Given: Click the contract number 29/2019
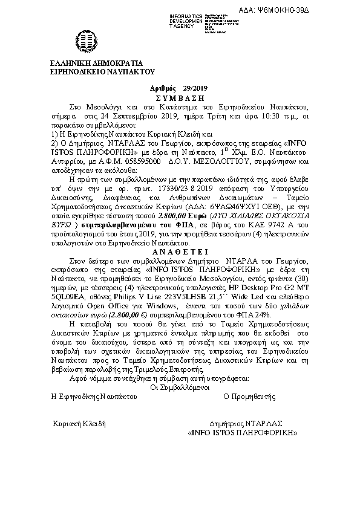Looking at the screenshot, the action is point(188,89).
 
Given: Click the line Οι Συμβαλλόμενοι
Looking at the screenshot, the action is point(180,387).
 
